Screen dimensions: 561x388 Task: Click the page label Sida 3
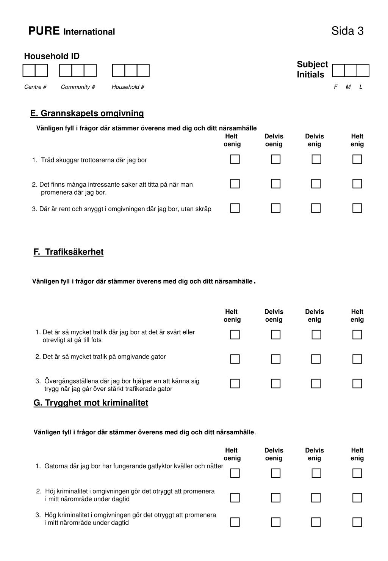[347, 31]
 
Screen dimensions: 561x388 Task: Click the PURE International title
[71, 31]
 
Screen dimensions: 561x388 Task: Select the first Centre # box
[29, 71]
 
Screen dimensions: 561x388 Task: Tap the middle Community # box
[78, 71]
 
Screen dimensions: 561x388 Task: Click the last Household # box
[143, 71]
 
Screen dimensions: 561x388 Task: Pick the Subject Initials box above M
[350, 71]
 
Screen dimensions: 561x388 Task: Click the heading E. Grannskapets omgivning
[87, 113]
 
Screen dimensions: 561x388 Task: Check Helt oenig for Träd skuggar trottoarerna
[235, 159]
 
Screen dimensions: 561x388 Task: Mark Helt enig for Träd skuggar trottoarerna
[357, 159]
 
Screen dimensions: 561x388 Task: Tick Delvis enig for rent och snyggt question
[316, 208]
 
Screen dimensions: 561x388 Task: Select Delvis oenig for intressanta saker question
[275, 184]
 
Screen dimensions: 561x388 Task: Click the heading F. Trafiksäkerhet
[68, 252]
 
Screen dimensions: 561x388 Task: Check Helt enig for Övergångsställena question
[357, 383]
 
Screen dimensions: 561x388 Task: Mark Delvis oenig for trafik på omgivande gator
[275, 359]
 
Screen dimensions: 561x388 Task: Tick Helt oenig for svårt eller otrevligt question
[235, 335]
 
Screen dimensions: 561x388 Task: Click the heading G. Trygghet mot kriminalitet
[91, 403]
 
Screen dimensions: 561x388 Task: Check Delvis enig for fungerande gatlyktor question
[316, 473]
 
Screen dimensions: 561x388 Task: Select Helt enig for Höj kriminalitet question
[357, 498]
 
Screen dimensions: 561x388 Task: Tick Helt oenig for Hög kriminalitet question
[235, 522]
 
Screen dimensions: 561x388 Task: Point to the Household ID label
[52, 56]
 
